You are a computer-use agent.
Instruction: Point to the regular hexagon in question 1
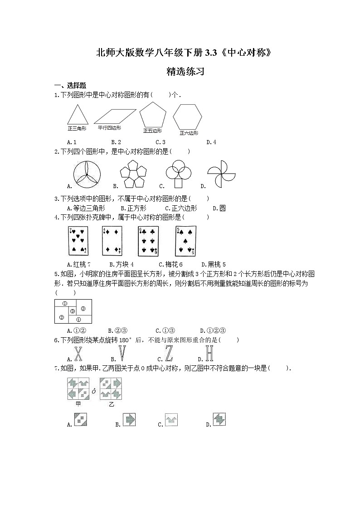coord(187,117)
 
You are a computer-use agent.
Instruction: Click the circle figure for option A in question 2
coord(87,174)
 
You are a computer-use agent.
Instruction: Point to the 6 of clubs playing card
coord(148,240)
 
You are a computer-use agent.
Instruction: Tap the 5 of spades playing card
coord(185,240)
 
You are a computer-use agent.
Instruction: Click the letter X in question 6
coord(78,354)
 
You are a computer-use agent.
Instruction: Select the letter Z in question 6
coord(169,354)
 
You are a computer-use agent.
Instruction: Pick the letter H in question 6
coord(209,354)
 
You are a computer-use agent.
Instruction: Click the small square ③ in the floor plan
coord(73,311)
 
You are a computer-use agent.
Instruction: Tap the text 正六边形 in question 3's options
coord(187,208)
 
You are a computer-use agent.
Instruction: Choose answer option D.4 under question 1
coord(211,142)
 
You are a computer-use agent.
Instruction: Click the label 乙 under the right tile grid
coord(111,404)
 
